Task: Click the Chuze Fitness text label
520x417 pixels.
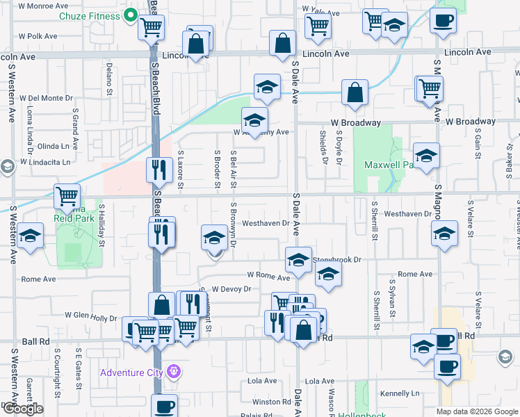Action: [89, 15]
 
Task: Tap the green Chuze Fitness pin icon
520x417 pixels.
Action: [130, 15]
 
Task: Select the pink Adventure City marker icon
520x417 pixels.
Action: [173, 373]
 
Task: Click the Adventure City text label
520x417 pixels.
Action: [131, 373]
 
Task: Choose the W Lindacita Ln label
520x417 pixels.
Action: [46, 162]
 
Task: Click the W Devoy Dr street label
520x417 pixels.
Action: [230, 288]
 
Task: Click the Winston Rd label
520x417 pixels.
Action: [271, 402]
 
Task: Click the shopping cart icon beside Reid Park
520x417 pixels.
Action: [67, 196]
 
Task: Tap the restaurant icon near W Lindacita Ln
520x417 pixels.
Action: [159, 169]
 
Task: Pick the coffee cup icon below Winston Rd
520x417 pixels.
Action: [165, 406]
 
